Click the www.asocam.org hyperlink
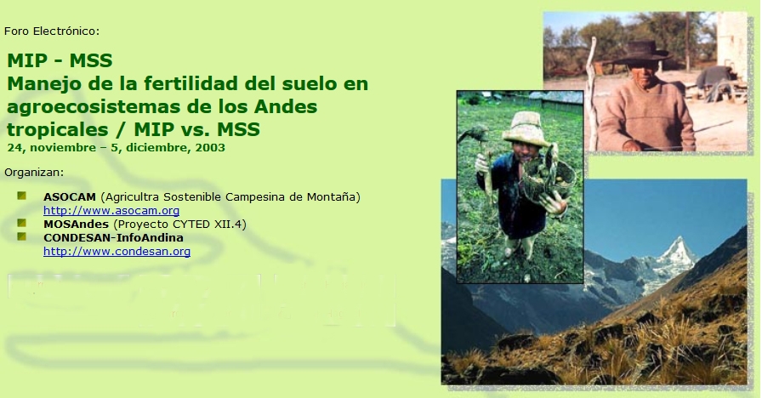(111, 210)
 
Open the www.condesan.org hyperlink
(117, 251)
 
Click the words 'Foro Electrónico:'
(52, 31)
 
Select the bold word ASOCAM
(70, 196)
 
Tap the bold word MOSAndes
(76, 224)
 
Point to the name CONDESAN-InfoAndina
(113, 237)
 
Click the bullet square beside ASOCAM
(21, 196)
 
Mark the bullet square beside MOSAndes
(21, 223)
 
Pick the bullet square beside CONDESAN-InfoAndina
(21, 236)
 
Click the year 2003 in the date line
(210, 148)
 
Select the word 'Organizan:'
(34, 173)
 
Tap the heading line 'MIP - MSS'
(60, 60)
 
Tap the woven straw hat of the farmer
(526, 128)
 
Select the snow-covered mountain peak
(677, 253)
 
